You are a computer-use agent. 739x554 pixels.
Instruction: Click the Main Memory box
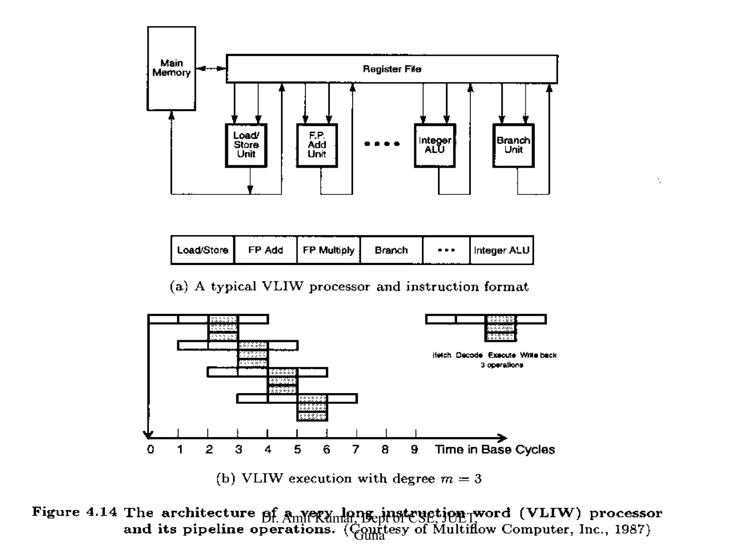point(171,68)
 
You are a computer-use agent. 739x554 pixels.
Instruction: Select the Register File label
point(392,69)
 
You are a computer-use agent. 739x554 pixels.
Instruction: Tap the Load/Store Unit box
point(246,145)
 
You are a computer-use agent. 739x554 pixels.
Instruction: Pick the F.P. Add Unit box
point(317,145)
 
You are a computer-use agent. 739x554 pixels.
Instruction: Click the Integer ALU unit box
point(435,145)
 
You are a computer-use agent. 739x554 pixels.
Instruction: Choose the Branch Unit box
point(513,145)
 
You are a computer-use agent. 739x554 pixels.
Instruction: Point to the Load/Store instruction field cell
point(202,250)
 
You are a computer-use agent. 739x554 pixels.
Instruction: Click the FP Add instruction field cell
point(266,250)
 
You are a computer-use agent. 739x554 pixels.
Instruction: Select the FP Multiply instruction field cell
point(328,250)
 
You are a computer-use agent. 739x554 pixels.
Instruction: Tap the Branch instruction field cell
point(392,250)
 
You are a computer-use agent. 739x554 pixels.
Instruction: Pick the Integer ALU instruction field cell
point(502,250)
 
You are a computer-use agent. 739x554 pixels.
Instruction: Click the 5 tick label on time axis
point(297,449)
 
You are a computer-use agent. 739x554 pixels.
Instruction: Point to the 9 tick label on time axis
point(415,449)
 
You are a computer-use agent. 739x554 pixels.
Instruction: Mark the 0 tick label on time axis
point(151,449)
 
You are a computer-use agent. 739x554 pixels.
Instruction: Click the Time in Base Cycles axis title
point(495,449)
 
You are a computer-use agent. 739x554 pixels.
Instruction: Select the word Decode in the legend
point(469,355)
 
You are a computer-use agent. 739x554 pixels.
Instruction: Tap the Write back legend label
point(538,355)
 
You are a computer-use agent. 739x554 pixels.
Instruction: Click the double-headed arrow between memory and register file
point(211,69)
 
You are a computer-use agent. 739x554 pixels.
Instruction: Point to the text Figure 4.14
point(74,512)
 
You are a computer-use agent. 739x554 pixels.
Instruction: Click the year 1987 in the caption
point(630,529)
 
